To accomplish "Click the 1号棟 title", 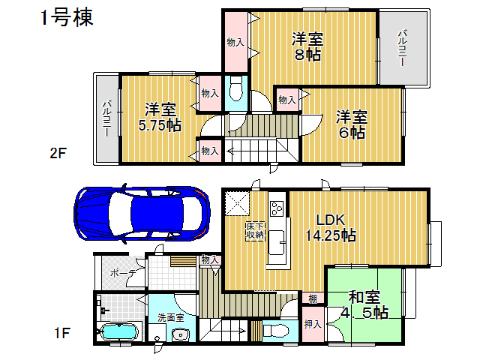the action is click(x=67, y=18).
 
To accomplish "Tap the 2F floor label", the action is click(x=58, y=153).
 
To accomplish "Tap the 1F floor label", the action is click(x=62, y=333).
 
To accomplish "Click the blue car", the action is click(x=142, y=213).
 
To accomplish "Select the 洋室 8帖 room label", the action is click(x=307, y=46).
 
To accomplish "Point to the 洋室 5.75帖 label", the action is click(x=160, y=117).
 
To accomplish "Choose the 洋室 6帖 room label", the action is click(x=352, y=125).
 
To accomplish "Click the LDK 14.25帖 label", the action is click(x=331, y=227).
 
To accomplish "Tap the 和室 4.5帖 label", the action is click(x=364, y=304).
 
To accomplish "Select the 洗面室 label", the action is click(x=171, y=317).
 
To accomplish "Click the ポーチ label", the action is click(x=123, y=273).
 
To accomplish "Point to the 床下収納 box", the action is click(x=255, y=231).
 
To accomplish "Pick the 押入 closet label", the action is click(x=313, y=324).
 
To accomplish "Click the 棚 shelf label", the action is click(x=313, y=298).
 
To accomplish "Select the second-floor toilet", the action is click(x=236, y=88).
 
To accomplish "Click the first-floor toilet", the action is click(x=276, y=331).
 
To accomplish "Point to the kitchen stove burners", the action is click(x=277, y=208).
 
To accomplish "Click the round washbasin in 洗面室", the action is click(x=180, y=335).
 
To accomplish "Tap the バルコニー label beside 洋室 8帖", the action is click(x=402, y=47).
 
